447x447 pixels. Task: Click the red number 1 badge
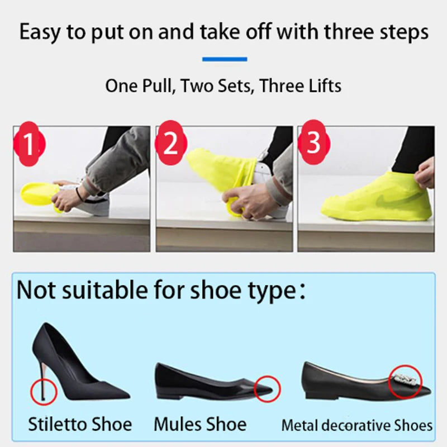pos(28,144)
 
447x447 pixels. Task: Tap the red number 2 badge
pos(171,144)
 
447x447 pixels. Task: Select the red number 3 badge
pos(313,143)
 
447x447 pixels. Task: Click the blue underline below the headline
pos(224,59)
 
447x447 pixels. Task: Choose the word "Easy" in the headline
pos(41,32)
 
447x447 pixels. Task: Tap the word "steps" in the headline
pos(397,32)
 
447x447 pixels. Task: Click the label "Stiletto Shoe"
pos(80,424)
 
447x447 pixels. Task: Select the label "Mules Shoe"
pos(200,424)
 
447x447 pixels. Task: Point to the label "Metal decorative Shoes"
pos(356,425)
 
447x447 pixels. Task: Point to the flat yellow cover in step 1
pos(39,193)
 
